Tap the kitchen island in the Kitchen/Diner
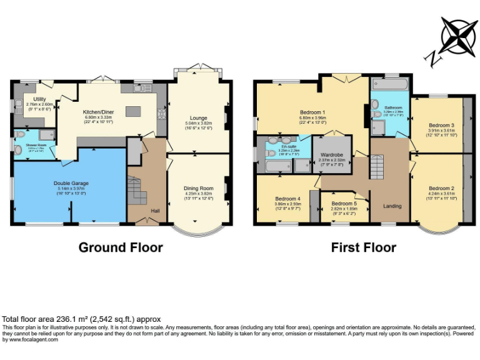pyautogui.click(x=133, y=111)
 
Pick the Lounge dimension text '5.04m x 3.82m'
pyautogui.click(x=199, y=124)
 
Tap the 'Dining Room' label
pyautogui.click(x=198, y=188)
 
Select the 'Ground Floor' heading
pyautogui.click(x=120, y=247)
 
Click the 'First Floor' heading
pyautogui.click(x=363, y=247)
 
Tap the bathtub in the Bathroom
pyautogui.click(x=389, y=85)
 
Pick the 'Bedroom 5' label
pyautogui.click(x=344, y=204)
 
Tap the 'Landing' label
pyautogui.click(x=392, y=206)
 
